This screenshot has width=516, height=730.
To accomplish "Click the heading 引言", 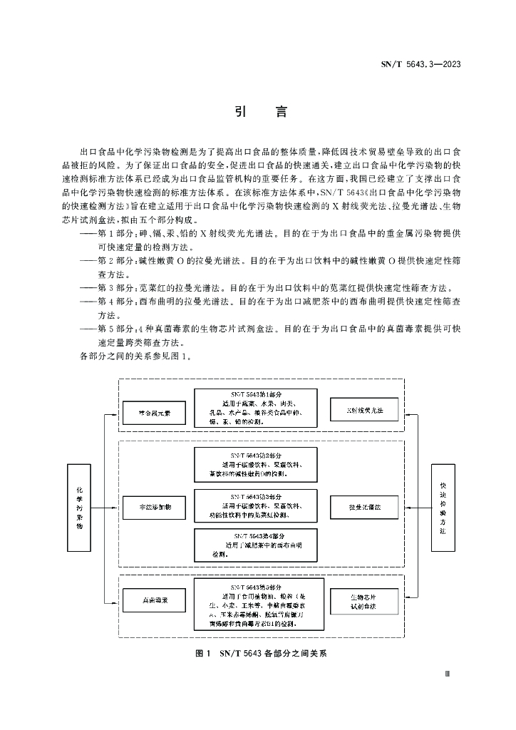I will tap(257, 112).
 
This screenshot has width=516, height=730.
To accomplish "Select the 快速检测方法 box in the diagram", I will tap(442, 508).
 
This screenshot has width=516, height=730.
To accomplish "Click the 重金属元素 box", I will tap(153, 411).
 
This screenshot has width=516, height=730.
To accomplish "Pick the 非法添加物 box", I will tap(153, 506).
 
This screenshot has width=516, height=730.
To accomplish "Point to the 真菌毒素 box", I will tap(153, 600).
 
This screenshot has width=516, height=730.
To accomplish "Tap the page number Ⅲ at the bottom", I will tap(447, 673).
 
